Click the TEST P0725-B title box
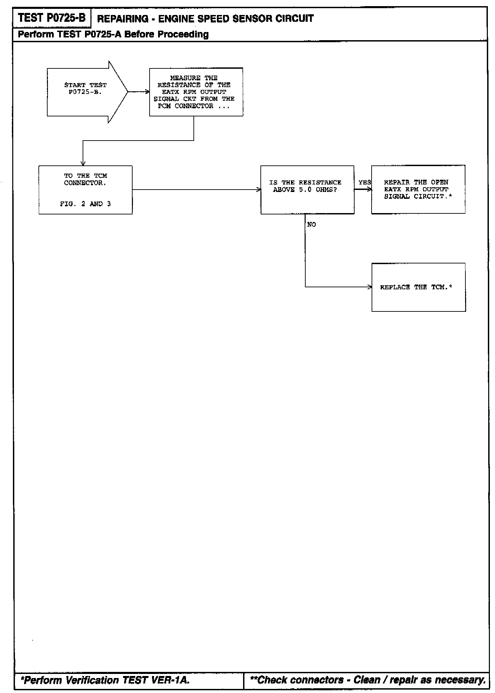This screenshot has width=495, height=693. pos(52,18)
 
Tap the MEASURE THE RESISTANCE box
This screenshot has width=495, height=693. pos(196,92)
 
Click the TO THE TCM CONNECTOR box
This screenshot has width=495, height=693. pos(85,190)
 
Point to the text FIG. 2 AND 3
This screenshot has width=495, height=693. pos(85,204)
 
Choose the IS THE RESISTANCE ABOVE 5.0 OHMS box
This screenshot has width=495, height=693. pos(307,190)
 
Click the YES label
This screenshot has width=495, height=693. pos(364,182)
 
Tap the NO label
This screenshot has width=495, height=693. pos(311,225)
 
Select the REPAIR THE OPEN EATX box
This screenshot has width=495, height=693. pos(418,189)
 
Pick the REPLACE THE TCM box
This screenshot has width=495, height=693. pos(419,287)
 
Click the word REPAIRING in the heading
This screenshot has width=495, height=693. pos(123,19)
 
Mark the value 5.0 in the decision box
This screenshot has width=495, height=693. pos(305,190)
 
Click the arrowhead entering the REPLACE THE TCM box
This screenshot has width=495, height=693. pos(370,287)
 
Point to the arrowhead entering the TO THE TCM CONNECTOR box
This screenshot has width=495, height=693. pos(83,163)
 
